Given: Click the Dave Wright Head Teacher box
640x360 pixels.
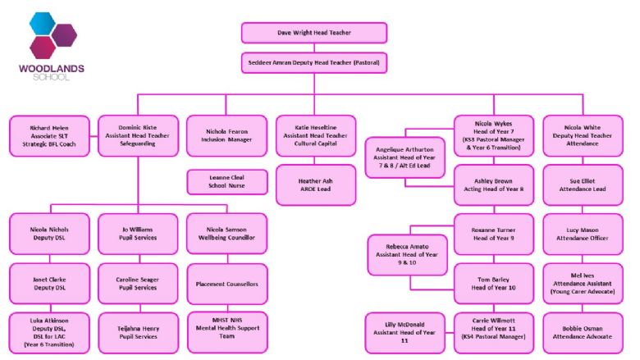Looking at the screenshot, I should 313,33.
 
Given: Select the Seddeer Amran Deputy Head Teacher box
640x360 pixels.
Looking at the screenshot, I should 313,62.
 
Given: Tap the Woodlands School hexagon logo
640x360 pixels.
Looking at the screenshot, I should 53,36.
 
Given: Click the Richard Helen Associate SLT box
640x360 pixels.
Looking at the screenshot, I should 50,136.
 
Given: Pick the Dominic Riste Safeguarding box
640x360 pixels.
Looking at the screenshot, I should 138,136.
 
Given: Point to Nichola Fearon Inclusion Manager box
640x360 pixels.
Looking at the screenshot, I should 226,136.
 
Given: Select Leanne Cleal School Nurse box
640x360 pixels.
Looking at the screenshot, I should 226,181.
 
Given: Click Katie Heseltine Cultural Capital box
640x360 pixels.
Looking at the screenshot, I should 316,136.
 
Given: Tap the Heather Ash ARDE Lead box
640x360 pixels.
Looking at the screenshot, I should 316,185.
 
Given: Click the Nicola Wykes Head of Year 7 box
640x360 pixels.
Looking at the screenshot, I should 493,136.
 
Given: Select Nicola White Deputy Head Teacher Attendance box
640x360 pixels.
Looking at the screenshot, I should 582,136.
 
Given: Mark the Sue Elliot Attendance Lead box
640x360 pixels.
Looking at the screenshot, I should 582,185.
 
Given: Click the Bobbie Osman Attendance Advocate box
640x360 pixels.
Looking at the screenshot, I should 582,332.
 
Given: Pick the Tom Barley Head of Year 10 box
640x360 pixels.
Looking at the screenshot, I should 493,283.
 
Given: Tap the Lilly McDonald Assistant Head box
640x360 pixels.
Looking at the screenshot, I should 402,332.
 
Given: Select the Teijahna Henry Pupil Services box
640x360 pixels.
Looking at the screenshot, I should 138,332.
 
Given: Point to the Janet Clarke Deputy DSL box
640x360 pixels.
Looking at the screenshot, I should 50,283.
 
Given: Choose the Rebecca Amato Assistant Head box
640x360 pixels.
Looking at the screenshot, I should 402,256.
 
